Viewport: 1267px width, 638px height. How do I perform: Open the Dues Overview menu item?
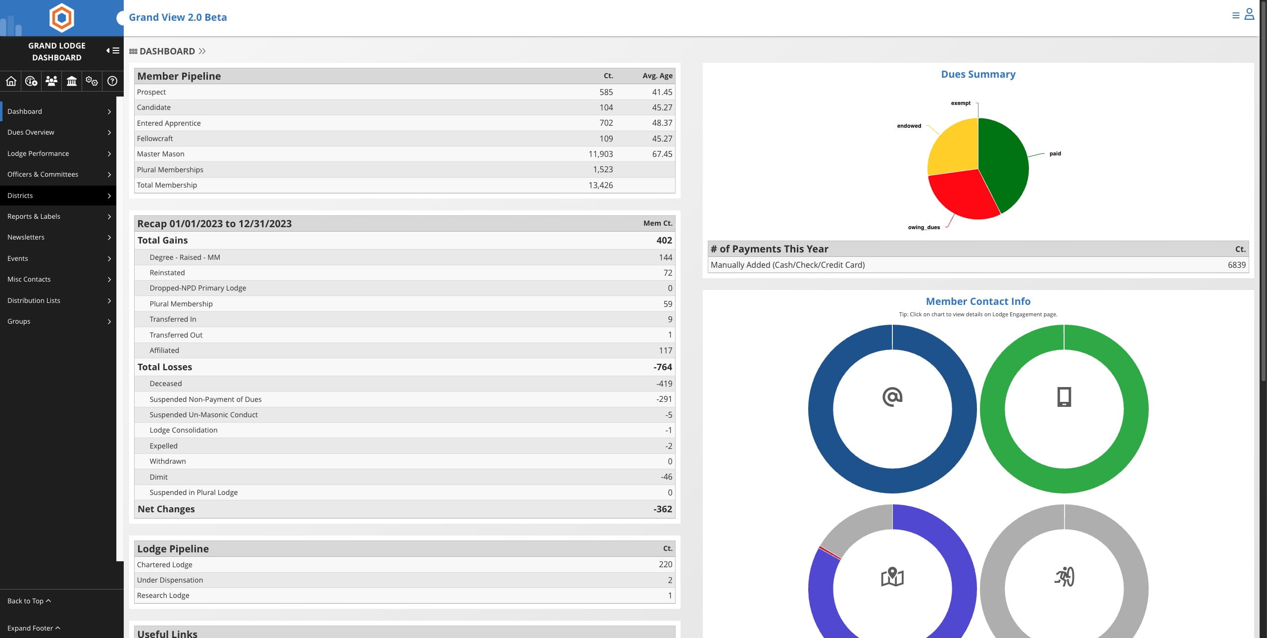coord(31,132)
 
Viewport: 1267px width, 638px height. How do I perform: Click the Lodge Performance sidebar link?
coord(38,153)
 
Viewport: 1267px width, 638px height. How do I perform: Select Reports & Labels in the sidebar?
coord(34,216)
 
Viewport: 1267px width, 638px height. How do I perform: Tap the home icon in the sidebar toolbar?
coord(11,81)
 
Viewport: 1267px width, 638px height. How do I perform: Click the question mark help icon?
coord(112,81)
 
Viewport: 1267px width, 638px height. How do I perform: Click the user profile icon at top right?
coord(1249,14)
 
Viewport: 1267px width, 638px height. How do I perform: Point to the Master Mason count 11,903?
coord(600,154)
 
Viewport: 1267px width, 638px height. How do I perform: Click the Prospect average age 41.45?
coord(662,92)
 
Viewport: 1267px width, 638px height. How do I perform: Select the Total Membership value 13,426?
coord(600,185)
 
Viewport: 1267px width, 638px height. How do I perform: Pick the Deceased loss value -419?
coord(664,384)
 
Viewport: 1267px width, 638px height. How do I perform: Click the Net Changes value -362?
coord(662,509)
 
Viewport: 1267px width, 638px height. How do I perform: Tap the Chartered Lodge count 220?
coord(665,564)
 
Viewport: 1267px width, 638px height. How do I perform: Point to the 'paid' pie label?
coord(1055,153)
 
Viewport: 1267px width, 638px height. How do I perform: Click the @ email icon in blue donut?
coord(892,397)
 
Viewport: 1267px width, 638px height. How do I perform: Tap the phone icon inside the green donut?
coord(1064,397)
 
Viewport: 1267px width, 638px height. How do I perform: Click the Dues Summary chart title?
coord(978,74)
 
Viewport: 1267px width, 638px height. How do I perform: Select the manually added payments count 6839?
coord(1236,265)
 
